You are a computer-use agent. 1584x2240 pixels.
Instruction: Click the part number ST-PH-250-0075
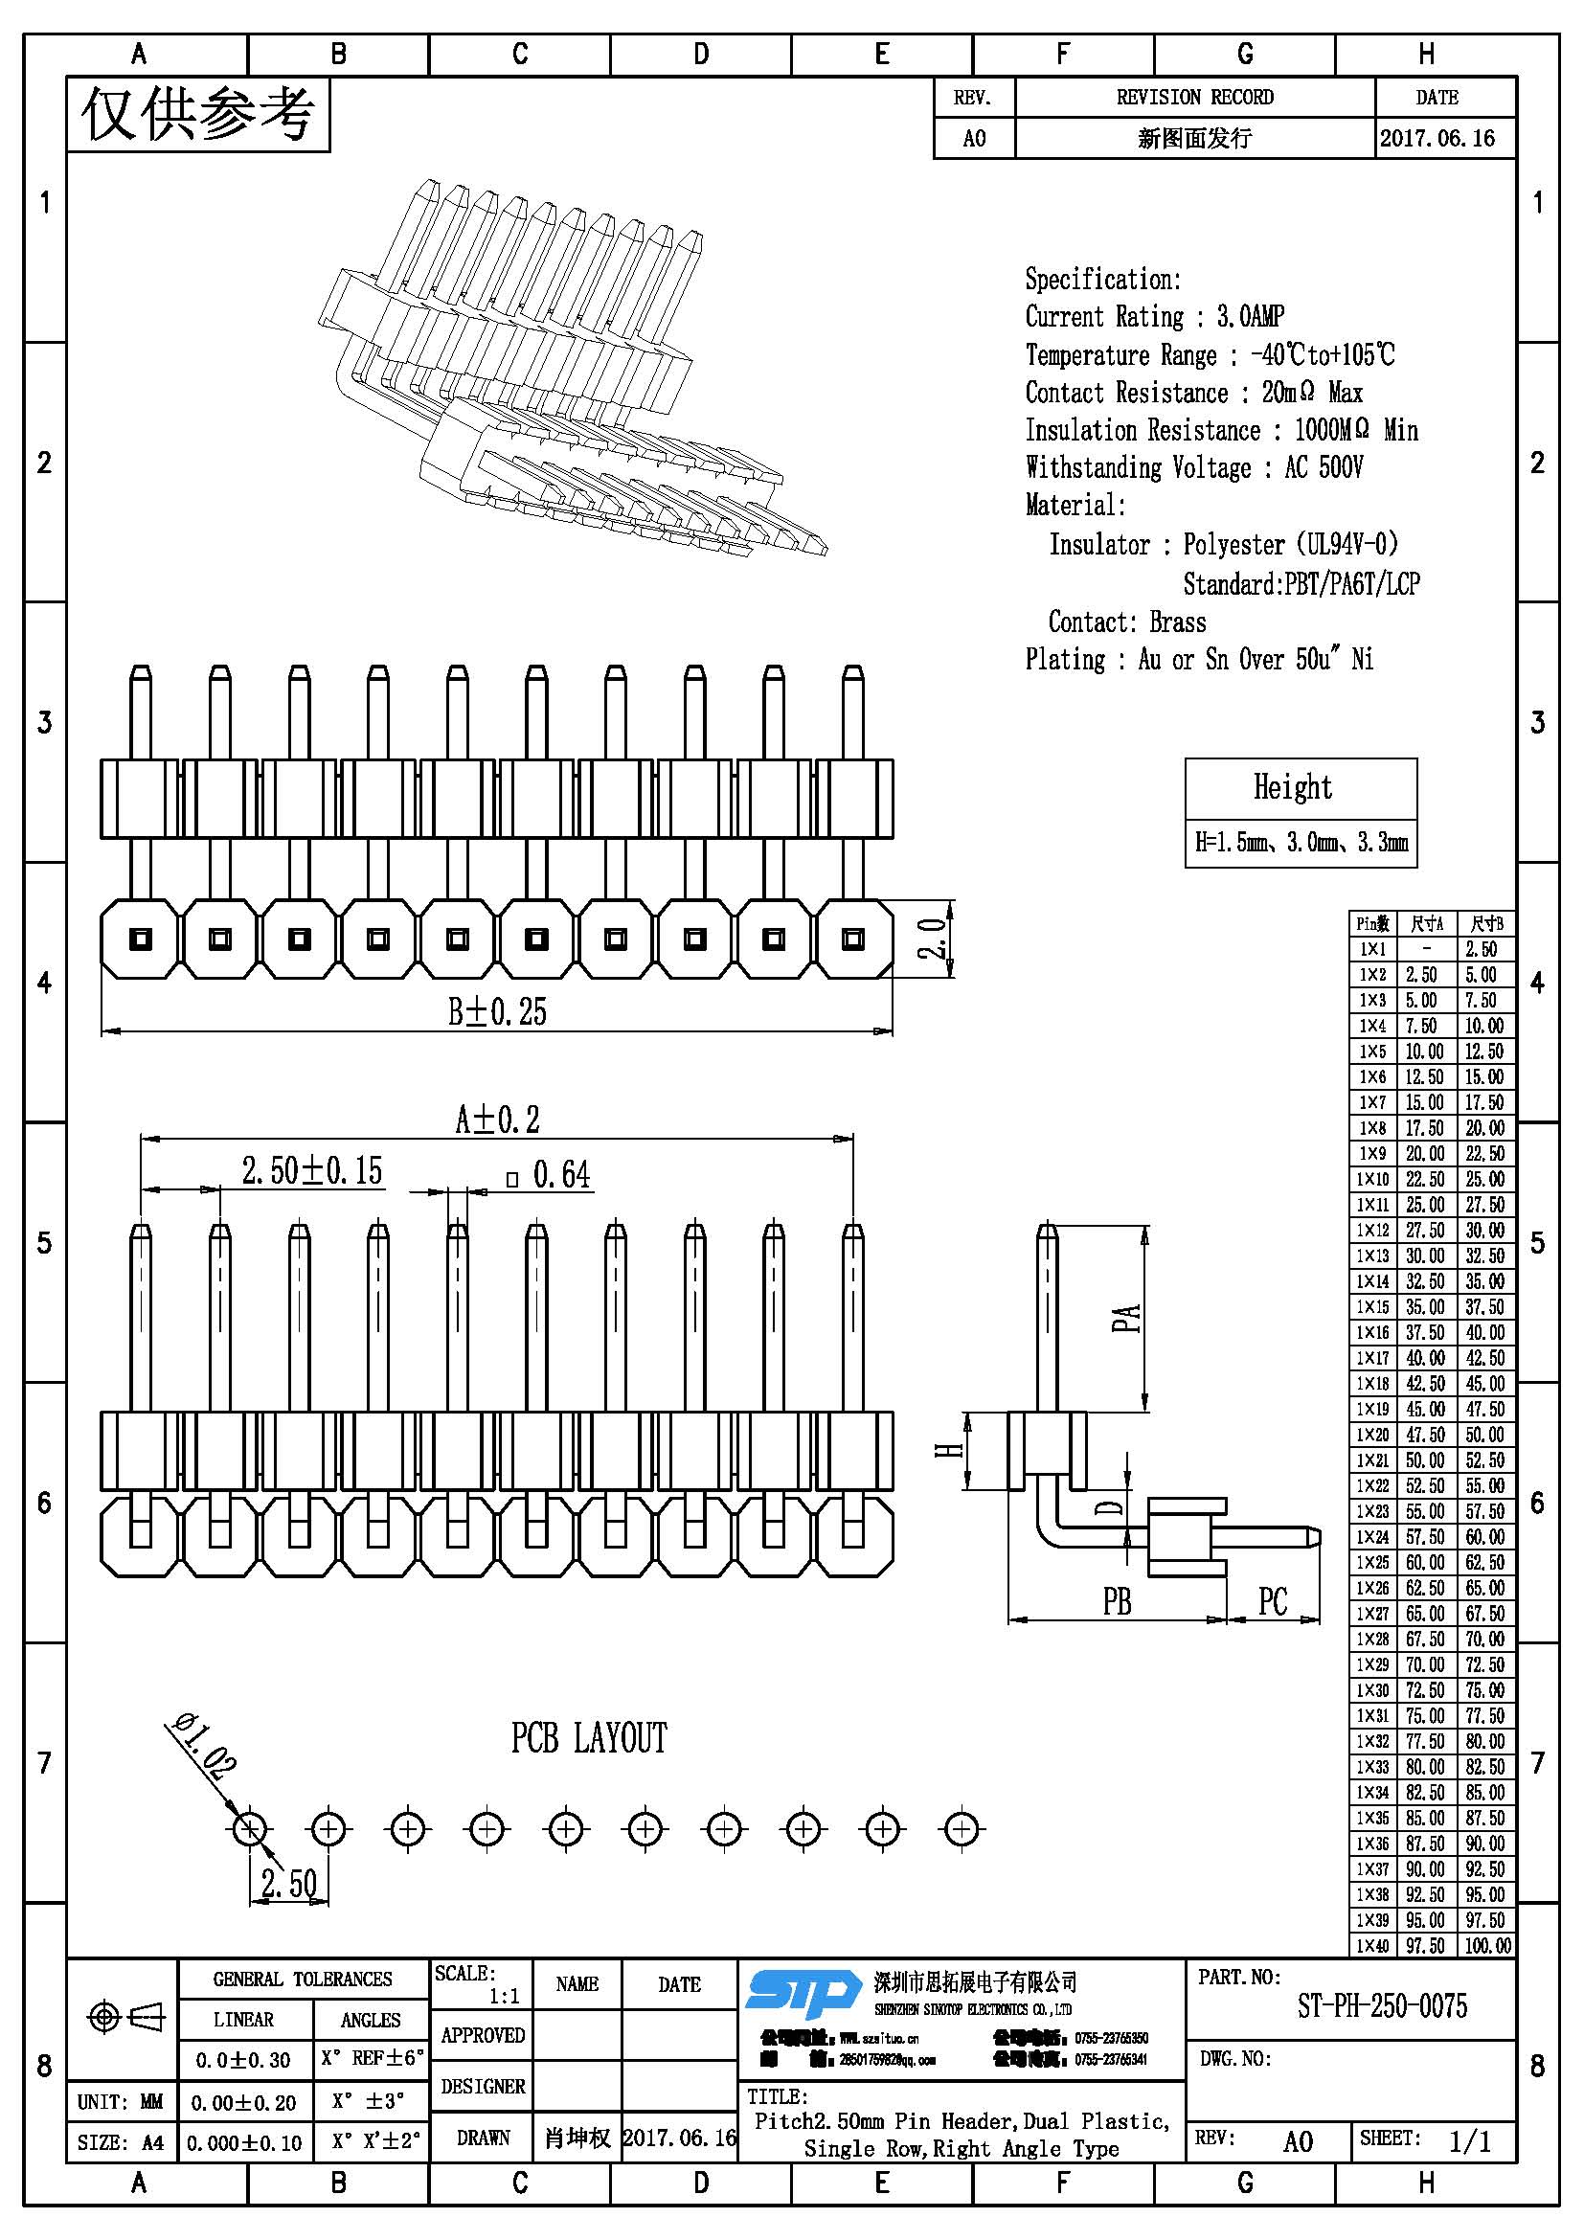1381,2006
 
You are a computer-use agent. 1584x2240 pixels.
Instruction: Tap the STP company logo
802,1994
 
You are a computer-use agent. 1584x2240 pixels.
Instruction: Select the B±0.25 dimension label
497,1012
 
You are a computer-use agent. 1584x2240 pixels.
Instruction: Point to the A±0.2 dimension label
497,1119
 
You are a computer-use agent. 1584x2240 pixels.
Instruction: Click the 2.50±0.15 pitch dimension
312,1170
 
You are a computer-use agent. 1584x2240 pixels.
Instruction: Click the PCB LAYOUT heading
589,1738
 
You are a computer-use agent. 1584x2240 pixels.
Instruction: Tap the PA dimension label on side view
1126,1318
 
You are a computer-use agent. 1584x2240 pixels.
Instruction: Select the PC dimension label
1273,1601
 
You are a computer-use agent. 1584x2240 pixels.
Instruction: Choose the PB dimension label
1118,1601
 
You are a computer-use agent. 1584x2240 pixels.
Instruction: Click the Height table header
1292,787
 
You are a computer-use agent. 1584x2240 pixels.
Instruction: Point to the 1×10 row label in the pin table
1372,1179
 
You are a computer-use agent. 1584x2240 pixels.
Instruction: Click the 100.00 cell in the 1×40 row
1487,1945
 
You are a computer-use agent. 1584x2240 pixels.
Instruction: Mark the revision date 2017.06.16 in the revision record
1437,139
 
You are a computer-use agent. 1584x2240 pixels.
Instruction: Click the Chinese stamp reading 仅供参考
198,115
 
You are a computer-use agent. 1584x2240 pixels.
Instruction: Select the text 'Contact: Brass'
1126,622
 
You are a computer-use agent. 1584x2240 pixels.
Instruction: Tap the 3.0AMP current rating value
1251,316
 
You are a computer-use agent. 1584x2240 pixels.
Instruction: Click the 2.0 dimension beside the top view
934,938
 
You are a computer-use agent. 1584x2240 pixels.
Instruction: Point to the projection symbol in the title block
125,2017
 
